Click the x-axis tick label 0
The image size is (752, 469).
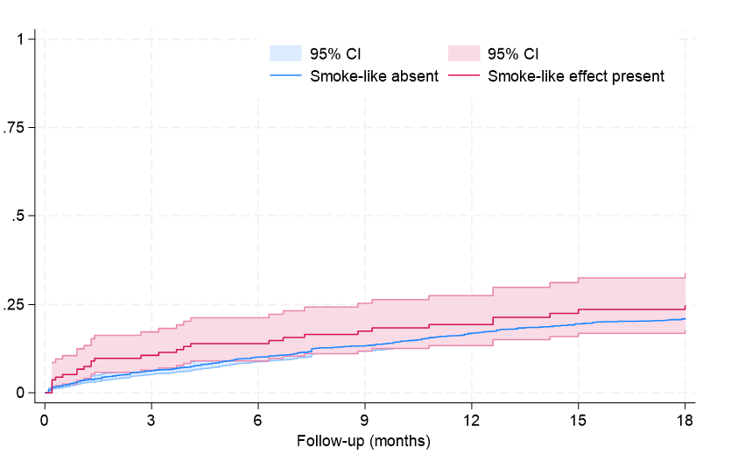[x=45, y=420]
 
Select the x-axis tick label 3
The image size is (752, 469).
[x=151, y=420]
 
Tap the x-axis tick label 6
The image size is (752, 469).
[x=258, y=420]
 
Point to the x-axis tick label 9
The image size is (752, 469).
[x=365, y=420]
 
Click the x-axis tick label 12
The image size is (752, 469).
[x=472, y=420]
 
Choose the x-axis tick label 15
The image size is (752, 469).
[x=579, y=420]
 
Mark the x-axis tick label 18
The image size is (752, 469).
[x=685, y=420]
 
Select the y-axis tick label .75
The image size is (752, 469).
[x=22, y=128]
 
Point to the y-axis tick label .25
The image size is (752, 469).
[x=22, y=304]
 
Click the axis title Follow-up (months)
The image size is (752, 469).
[x=364, y=442]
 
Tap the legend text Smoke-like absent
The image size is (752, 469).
[x=375, y=76]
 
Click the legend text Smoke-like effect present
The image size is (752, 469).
[x=576, y=76]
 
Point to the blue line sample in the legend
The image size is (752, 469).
[x=285, y=76]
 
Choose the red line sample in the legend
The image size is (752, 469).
[x=463, y=76]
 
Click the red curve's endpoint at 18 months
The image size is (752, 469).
[x=685, y=307]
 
